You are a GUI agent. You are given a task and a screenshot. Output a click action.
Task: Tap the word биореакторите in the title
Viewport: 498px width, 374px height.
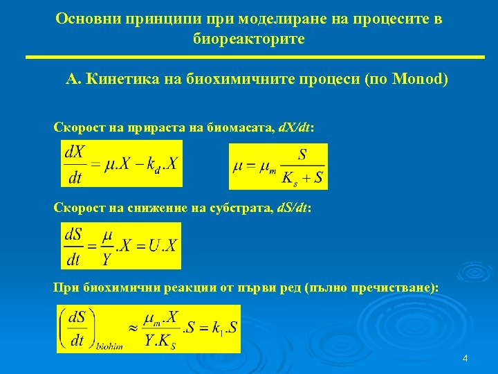[x=249, y=39]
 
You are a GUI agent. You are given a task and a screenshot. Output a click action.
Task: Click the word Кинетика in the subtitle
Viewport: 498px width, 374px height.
[x=119, y=80]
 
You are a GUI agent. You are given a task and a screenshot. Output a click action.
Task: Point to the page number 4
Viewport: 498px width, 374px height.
[x=465, y=358]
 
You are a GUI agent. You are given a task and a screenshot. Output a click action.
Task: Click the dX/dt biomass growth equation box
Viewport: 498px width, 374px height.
[x=122, y=163]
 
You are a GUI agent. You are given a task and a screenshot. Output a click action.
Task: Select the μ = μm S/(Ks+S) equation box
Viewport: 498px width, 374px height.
[x=278, y=166]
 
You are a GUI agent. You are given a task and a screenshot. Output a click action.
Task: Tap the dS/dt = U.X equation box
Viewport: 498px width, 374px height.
[x=121, y=245]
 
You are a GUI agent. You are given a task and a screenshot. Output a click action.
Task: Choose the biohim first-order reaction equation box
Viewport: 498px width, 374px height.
[x=149, y=329]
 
